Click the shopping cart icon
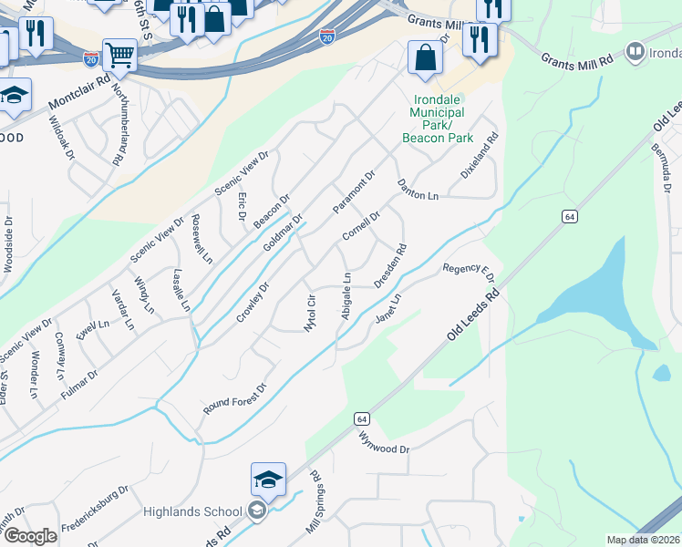click(x=119, y=56)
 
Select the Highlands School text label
click(x=192, y=511)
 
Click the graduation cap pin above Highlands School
click(x=269, y=480)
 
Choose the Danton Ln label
click(x=418, y=190)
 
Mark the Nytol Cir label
click(x=310, y=313)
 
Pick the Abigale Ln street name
click(x=346, y=295)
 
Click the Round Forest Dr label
click(x=234, y=399)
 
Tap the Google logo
click(x=30, y=536)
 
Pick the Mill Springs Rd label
click(x=315, y=502)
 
